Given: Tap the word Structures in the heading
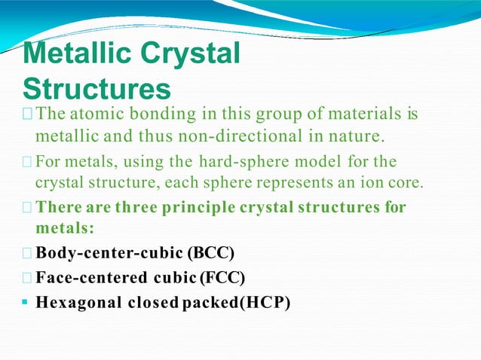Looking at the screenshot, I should (x=97, y=89).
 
